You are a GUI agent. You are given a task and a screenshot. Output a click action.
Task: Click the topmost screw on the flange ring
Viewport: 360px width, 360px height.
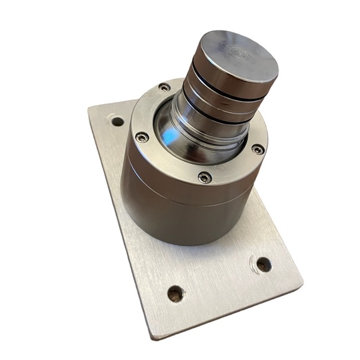(x=163, y=88)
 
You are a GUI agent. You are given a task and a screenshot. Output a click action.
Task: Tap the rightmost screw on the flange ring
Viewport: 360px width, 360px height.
(x=257, y=148)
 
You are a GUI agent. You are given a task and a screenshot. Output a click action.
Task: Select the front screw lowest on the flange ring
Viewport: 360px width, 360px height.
(x=204, y=178)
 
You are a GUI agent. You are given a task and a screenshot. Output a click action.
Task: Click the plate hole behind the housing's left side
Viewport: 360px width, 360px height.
(x=116, y=120)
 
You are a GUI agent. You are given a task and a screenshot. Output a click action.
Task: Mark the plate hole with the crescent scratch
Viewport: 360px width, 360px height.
(x=263, y=264)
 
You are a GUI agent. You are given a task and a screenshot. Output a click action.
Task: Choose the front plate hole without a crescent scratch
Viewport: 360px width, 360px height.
(x=176, y=291)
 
